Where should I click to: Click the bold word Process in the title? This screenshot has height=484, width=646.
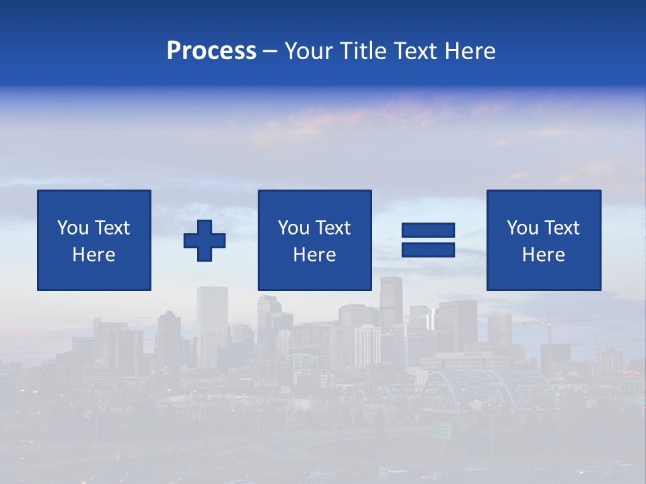211,51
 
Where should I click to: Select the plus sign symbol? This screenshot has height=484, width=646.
205,241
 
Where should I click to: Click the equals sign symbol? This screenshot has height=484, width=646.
428,240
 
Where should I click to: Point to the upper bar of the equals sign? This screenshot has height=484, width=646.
428,231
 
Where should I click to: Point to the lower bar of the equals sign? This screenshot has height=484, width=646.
428,249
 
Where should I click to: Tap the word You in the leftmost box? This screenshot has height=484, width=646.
72,228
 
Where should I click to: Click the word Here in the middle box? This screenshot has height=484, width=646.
314,255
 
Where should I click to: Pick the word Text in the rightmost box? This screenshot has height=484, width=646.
561,228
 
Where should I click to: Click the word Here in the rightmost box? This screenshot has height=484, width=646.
544,255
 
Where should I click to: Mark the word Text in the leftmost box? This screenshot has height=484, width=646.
112,228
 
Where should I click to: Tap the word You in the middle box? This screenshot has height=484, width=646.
293,228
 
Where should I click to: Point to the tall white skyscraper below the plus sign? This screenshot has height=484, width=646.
212,316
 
